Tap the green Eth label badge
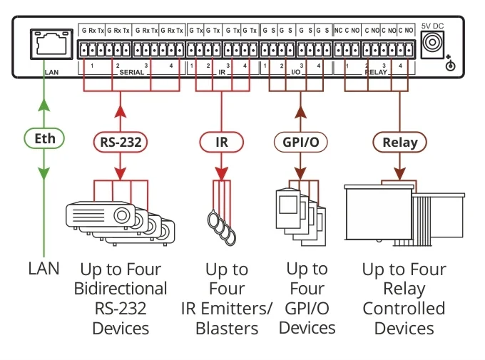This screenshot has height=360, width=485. (x=44, y=138)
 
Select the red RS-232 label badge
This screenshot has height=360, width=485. (x=119, y=141)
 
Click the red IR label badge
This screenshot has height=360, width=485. (x=222, y=141)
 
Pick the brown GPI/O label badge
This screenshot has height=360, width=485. (x=300, y=141)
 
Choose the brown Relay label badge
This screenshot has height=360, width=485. (x=399, y=141)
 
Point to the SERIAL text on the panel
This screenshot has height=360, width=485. (x=132, y=73)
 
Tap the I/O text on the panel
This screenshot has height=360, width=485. (x=296, y=73)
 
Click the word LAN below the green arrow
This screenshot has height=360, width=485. (x=44, y=269)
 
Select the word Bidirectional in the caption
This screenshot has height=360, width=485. (x=121, y=289)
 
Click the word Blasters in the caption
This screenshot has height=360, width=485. (x=228, y=329)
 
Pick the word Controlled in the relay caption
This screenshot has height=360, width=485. (x=404, y=309)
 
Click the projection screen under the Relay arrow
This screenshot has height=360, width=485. (x=378, y=214)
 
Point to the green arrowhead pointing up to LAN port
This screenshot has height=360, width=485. (x=44, y=106)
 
